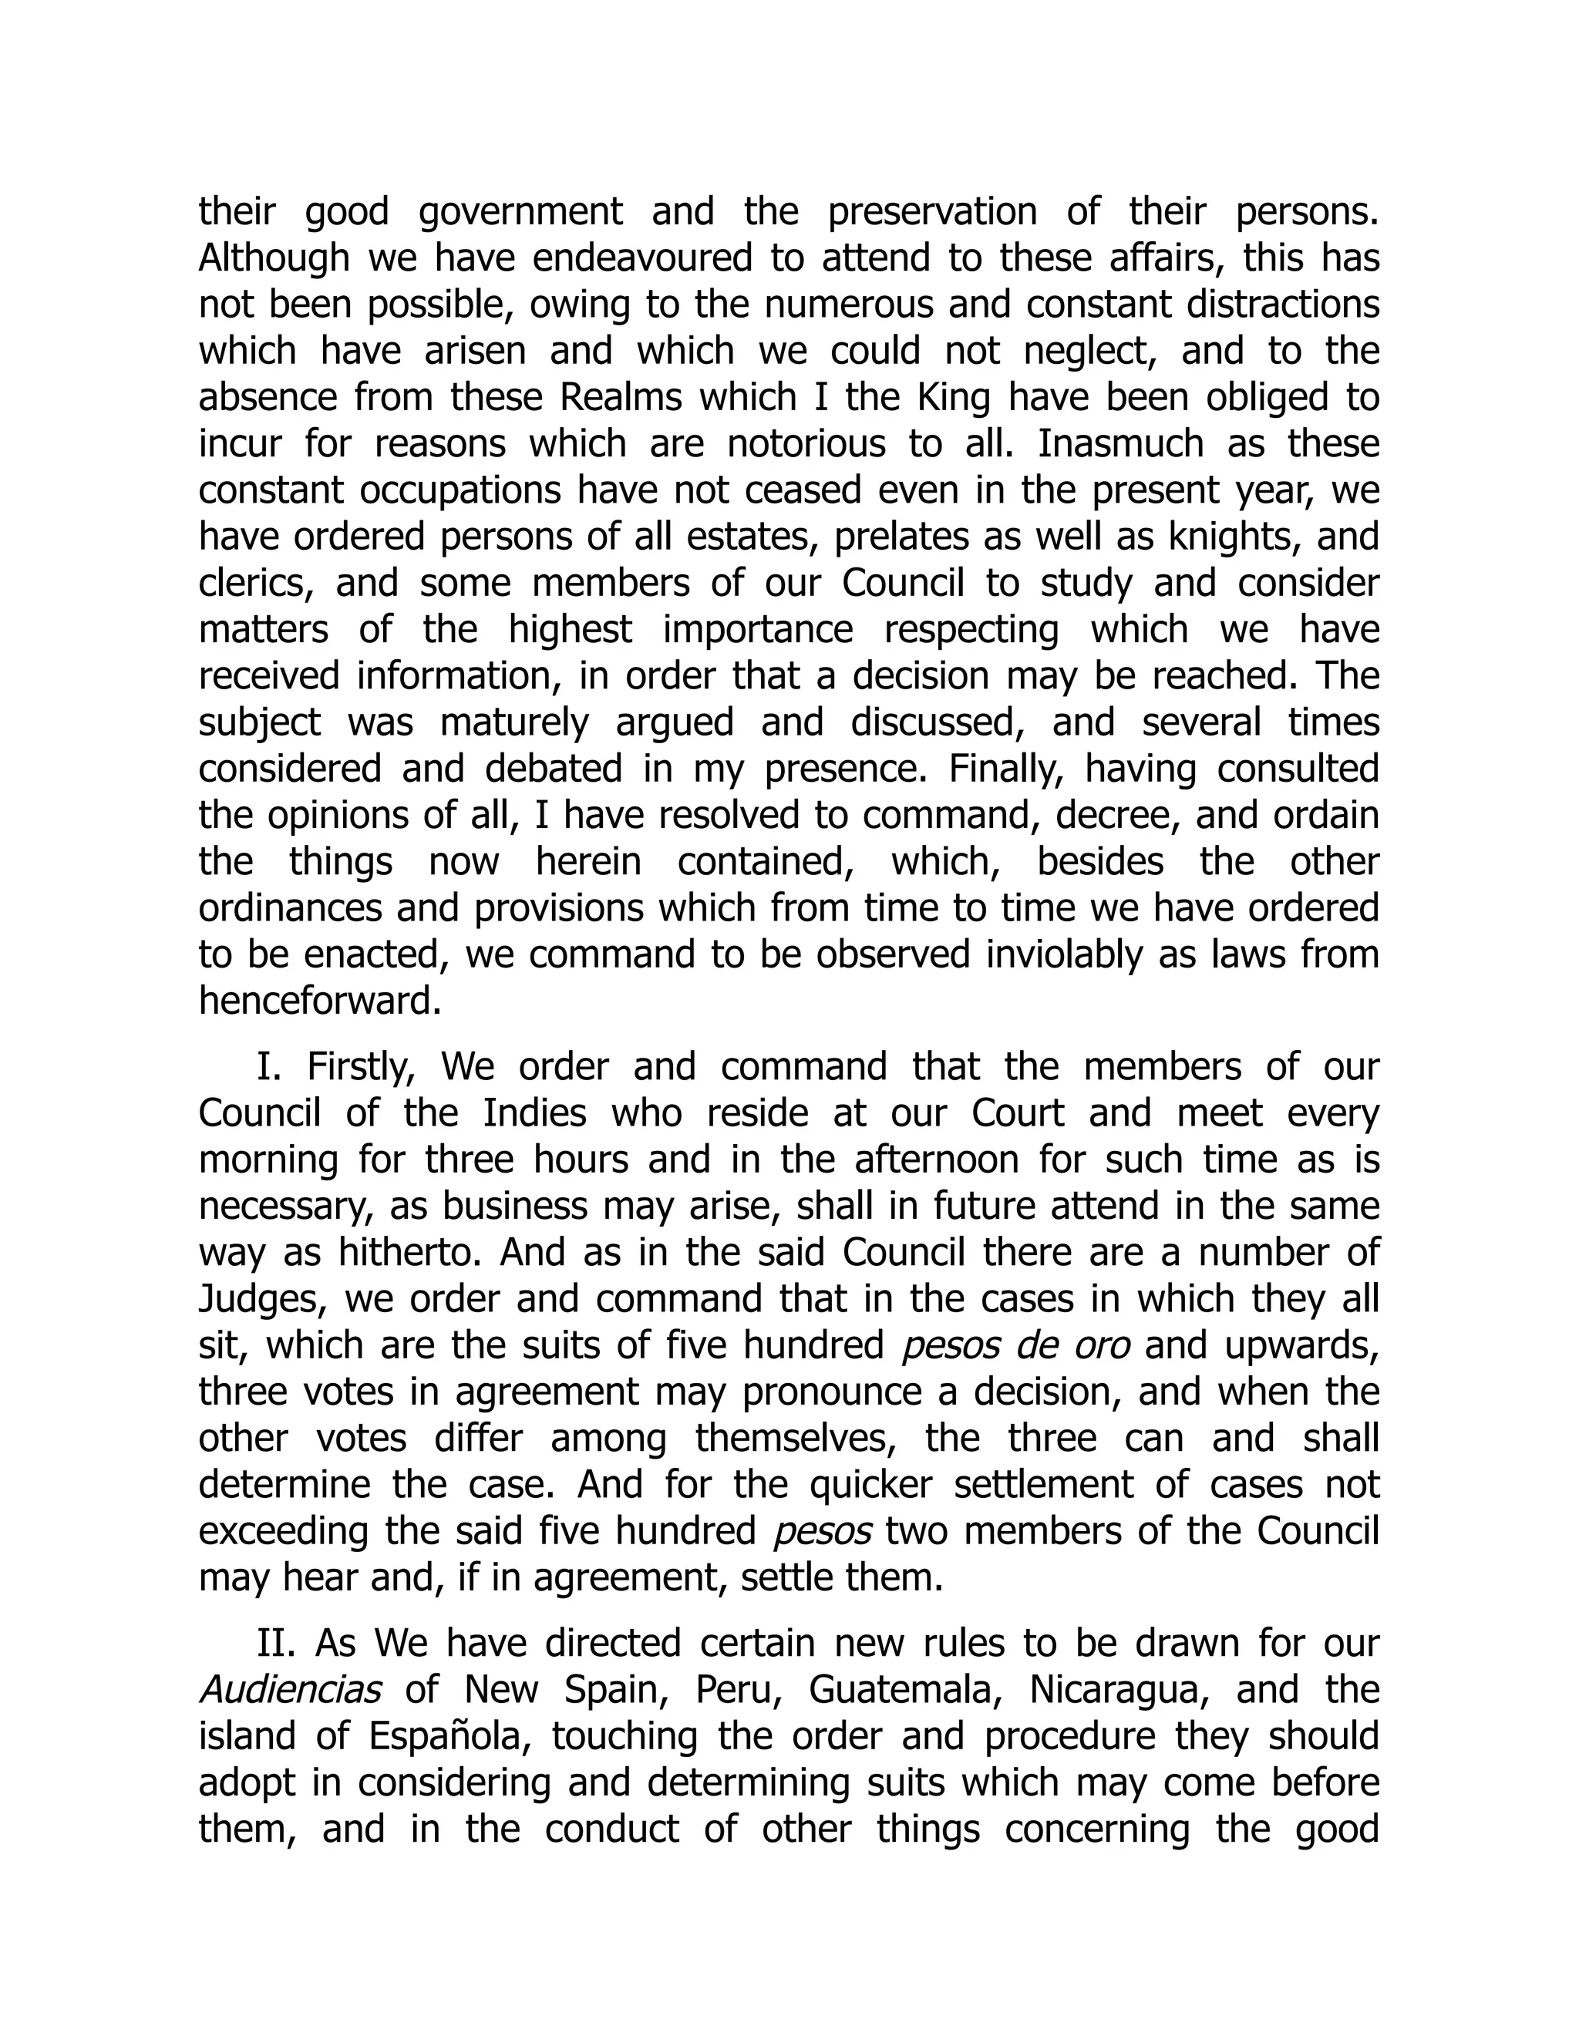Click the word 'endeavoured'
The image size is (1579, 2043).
643,257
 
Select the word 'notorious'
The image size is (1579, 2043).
806,443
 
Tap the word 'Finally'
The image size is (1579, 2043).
1005,769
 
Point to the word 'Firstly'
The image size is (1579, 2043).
361,1067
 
